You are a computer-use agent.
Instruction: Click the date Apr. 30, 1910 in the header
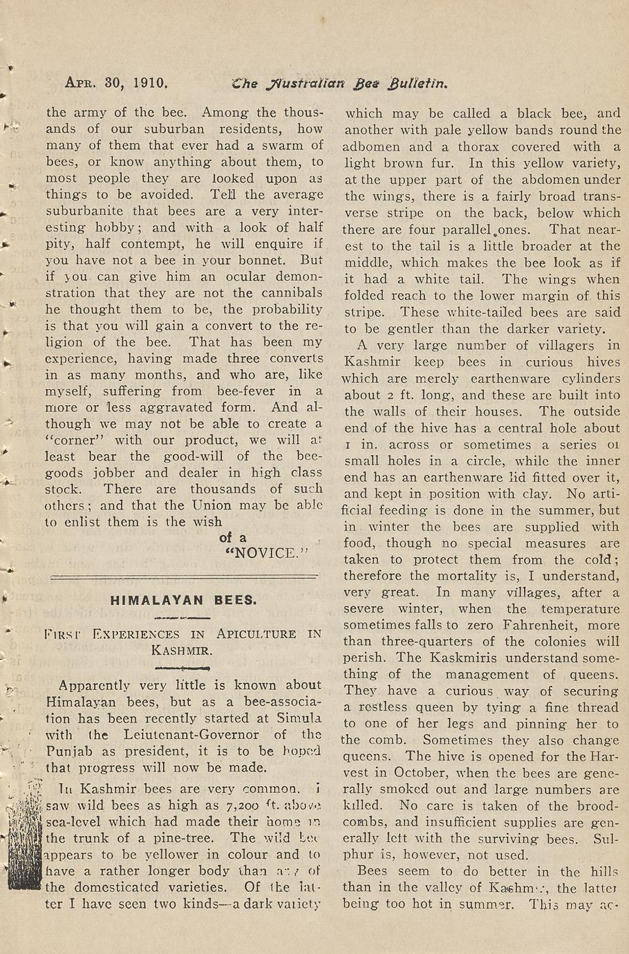click(x=115, y=84)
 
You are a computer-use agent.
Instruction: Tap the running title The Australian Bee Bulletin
click(x=341, y=84)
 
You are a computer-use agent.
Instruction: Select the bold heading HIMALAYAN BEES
click(x=184, y=600)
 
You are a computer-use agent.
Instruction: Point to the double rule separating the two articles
click(x=185, y=575)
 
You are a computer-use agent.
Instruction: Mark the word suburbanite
click(x=86, y=211)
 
